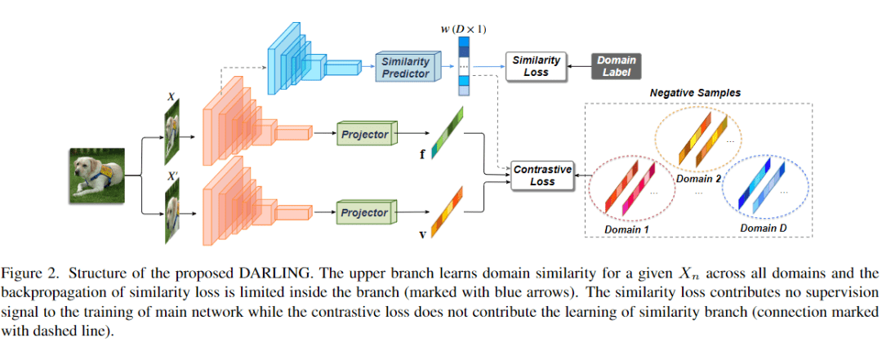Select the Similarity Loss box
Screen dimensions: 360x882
coord(536,65)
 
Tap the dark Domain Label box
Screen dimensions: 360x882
coord(616,66)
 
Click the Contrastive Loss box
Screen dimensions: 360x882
coord(542,176)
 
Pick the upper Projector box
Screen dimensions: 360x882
coord(364,133)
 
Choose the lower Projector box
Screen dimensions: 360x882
coord(364,213)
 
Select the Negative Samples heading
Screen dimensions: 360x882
coord(695,93)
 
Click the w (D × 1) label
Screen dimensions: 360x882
coord(464,30)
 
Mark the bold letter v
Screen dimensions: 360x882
coord(421,235)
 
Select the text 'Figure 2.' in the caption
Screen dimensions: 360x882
coord(36,273)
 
